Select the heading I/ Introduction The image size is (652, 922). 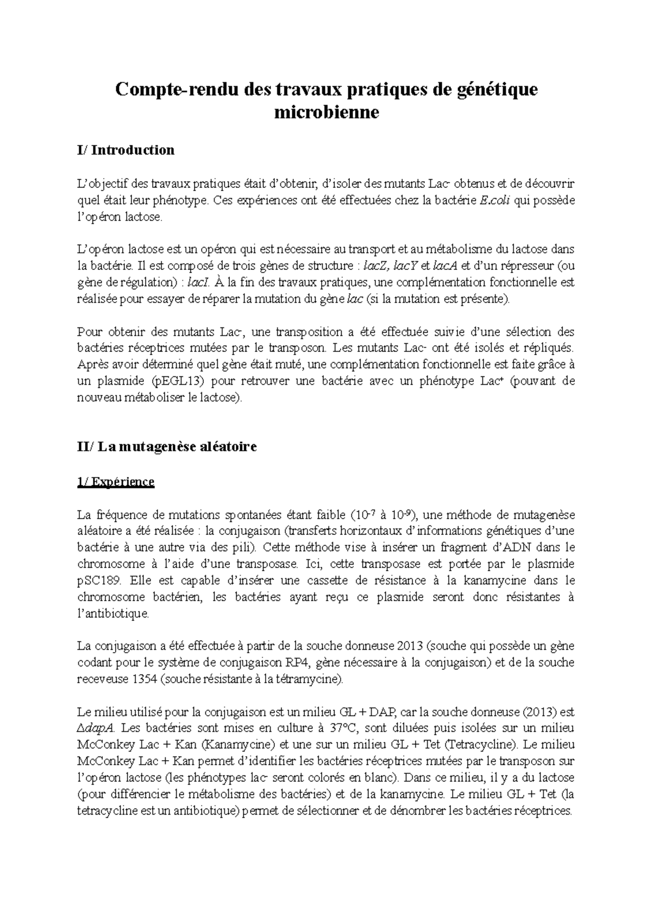tap(126, 150)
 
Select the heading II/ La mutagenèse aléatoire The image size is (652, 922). tap(167, 447)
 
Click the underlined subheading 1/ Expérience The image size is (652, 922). tap(116, 482)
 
